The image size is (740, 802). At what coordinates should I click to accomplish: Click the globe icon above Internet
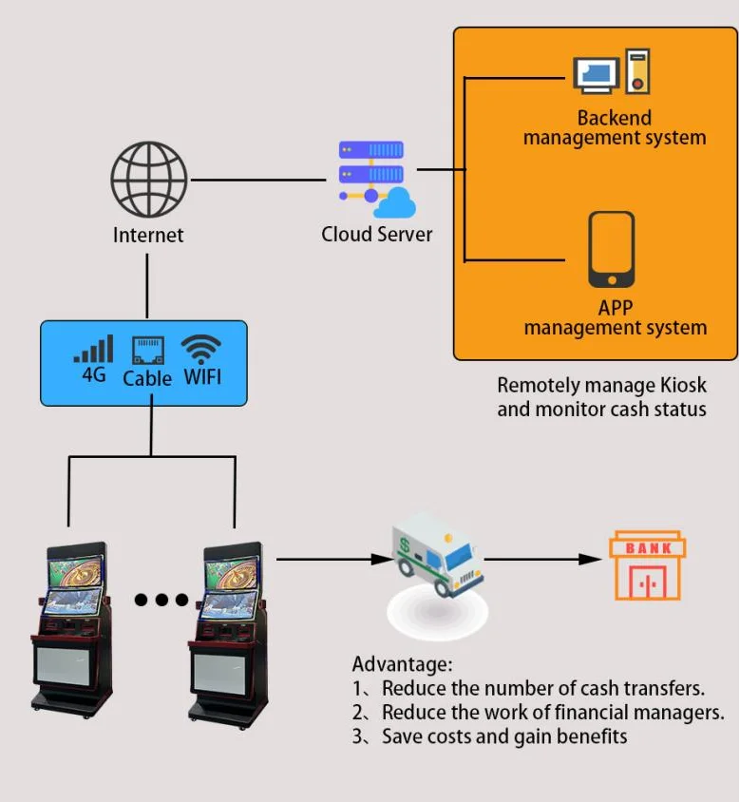pyautogui.click(x=148, y=178)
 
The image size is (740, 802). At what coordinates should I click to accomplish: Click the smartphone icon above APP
pyautogui.click(x=612, y=249)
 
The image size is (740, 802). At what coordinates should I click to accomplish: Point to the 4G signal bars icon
pyautogui.click(x=93, y=349)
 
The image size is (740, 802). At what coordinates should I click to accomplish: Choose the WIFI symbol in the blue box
pyautogui.click(x=201, y=349)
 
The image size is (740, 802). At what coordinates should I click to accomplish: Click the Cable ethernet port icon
pyautogui.click(x=147, y=351)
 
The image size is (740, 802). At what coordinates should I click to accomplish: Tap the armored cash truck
pyautogui.click(x=437, y=556)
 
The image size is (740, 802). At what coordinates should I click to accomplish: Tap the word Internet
pyautogui.click(x=148, y=235)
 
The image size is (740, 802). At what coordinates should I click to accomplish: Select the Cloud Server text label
pyautogui.click(x=376, y=234)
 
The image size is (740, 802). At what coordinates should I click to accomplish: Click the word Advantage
pyautogui.click(x=401, y=664)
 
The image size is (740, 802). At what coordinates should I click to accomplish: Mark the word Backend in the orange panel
pyautogui.click(x=615, y=118)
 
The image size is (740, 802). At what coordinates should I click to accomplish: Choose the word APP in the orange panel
pyautogui.click(x=615, y=308)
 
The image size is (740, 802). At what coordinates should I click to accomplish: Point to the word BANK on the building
pyautogui.click(x=648, y=547)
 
